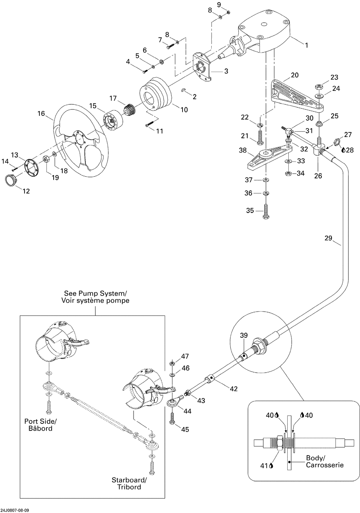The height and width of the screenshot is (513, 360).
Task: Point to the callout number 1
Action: click(306, 46)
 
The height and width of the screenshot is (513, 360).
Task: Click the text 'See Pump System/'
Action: click(95, 293)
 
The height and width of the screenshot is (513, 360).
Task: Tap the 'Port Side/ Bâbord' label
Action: click(38, 425)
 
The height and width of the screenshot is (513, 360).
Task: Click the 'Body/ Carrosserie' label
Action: click(325, 462)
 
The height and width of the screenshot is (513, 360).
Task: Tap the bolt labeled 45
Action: click(172, 418)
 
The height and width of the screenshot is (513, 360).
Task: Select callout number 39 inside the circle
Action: click(244, 336)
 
